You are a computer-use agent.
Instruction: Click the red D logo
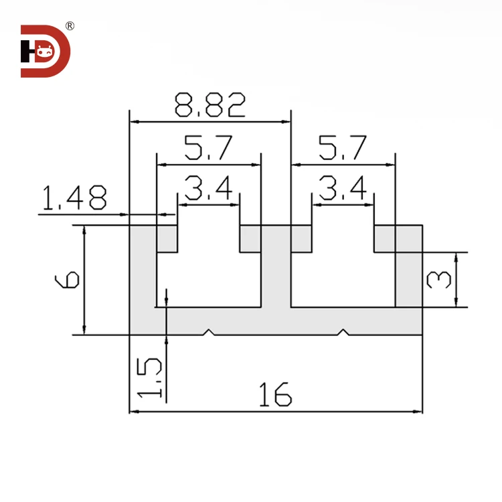pos(45,51)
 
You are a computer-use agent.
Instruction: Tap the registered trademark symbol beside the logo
pos(70,26)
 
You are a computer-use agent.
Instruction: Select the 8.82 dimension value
pos(210,105)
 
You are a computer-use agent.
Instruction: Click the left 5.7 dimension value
pos(209,149)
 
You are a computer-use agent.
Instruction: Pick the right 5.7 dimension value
pos(343,149)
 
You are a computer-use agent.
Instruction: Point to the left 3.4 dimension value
pos(208,189)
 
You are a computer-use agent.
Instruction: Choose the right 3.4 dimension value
pos(343,189)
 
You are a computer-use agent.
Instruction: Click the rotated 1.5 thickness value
pos(151,378)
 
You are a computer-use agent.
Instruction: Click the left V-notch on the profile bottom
pos(210,332)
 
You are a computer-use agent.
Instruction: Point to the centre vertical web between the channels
pos(275,281)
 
